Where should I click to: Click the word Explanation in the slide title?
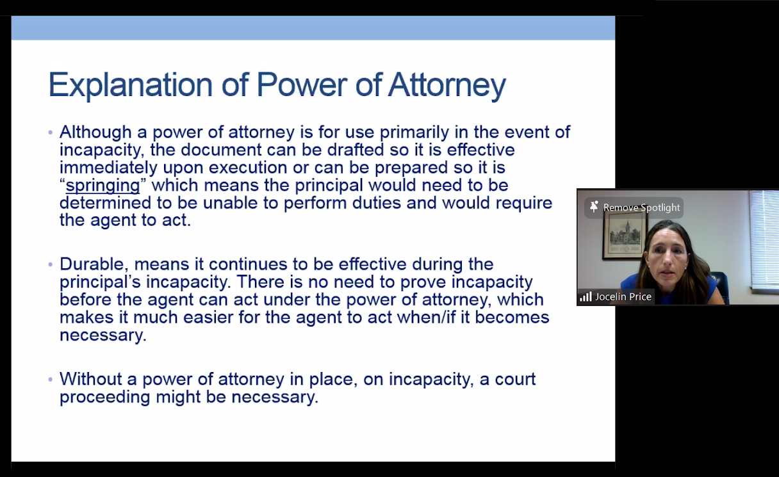(131, 85)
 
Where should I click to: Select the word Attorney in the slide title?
(447, 85)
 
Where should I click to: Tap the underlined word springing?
(102, 186)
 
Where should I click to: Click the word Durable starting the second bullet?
(92, 264)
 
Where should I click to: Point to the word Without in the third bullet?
(91, 379)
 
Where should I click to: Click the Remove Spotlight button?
(634, 207)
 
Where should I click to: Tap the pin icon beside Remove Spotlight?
(594, 207)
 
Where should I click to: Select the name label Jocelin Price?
(623, 296)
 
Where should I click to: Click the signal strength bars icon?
(586, 296)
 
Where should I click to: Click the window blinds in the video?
(764, 241)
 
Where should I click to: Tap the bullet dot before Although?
(51, 133)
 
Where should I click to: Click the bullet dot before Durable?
(51, 264)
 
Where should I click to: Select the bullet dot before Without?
(51, 379)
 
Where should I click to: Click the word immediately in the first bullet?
(108, 168)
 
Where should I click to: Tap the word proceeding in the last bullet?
(104, 398)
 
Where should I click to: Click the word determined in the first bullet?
(105, 203)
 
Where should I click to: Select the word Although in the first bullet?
(95, 133)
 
